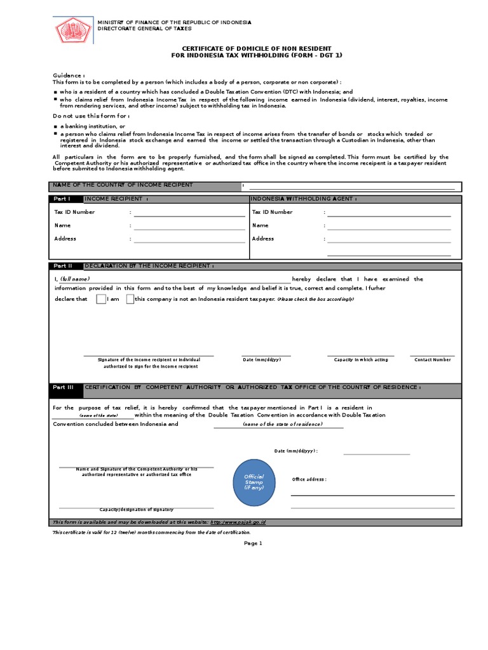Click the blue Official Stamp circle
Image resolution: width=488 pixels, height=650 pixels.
(x=254, y=482)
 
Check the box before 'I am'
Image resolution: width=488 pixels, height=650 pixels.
(x=101, y=300)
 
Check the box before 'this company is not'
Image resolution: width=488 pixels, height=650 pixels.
(x=130, y=300)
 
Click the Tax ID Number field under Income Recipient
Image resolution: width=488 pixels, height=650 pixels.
(x=189, y=213)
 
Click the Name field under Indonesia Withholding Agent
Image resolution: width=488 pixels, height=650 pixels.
(x=388, y=226)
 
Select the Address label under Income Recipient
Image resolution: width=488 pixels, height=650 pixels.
(x=65, y=239)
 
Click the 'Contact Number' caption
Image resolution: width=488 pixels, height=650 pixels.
(x=432, y=360)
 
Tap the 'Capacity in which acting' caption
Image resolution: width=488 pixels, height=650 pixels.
(x=360, y=360)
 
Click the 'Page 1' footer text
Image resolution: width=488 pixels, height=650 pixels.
(x=253, y=543)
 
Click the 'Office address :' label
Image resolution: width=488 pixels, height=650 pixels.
(x=309, y=479)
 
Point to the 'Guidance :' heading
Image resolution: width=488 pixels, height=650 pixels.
(x=69, y=75)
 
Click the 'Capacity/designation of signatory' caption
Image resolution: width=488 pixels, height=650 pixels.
(x=136, y=510)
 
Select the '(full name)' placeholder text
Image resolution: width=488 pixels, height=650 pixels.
(x=75, y=279)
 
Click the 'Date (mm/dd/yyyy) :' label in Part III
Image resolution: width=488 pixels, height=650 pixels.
(x=295, y=451)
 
